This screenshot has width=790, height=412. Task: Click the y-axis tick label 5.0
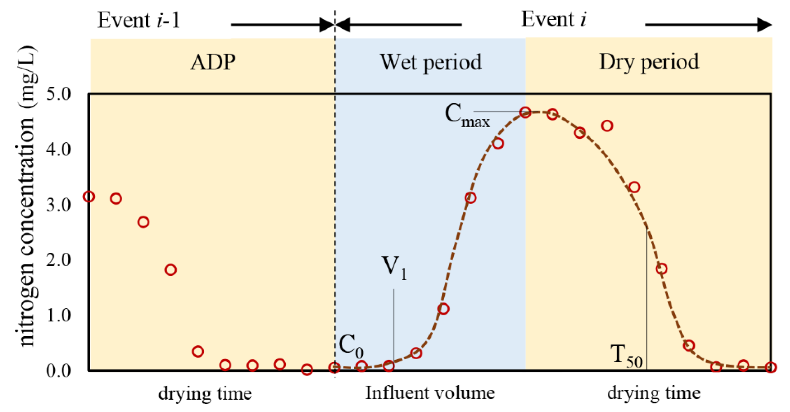[58, 94]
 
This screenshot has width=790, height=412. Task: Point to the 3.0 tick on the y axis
[58, 205]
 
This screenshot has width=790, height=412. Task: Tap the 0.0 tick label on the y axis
[58, 371]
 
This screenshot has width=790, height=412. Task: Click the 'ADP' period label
[213, 62]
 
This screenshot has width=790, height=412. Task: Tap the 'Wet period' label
[430, 62]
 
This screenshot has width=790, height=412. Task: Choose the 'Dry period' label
[649, 62]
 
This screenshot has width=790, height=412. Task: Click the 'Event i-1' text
[139, 20]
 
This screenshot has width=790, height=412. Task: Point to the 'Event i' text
[553, 20]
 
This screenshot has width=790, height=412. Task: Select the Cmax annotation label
[467, 116]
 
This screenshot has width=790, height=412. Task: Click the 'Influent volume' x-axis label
[430, 393]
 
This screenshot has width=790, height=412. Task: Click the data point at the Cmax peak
[525, 112]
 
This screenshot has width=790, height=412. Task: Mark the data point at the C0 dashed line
[334, 367]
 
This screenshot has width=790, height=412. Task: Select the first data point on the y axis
[89, 196]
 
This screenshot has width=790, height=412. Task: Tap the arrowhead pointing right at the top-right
[764, 25]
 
